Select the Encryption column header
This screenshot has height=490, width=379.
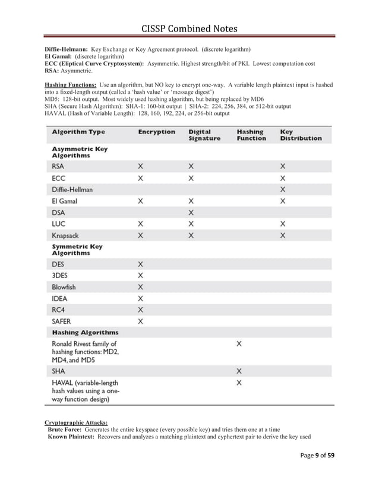[156, 132]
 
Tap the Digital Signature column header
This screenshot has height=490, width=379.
[204, 135]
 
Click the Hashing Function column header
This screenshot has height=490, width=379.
[250, 135]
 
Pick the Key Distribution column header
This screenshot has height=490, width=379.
[301, 135]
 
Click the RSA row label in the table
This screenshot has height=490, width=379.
[58, 167]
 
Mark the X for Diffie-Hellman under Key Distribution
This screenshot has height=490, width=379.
[283, 189]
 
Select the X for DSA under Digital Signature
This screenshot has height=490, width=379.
[191, 212]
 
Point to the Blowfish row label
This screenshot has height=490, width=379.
[64, 287]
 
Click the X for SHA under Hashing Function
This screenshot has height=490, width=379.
[239, 371]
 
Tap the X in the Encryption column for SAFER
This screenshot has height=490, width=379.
[141, 321]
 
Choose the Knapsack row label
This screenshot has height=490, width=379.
[65, 236]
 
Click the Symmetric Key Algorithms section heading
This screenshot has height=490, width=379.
[77, 250]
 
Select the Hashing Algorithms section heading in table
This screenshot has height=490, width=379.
[85, 333]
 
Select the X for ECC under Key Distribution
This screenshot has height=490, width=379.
[283, 178]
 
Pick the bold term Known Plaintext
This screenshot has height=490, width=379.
[71, 437]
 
